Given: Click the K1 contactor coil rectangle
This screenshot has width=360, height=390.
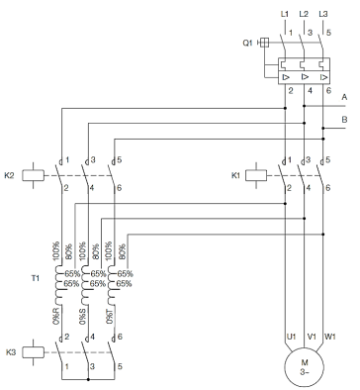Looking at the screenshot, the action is point(256,175).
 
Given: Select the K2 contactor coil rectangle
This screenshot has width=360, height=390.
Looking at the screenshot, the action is point(33,175).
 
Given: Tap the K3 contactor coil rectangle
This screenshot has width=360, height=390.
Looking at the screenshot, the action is point(33,352).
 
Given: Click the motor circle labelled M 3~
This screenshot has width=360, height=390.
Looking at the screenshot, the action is point(304,366).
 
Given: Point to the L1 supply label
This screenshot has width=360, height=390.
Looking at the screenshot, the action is point(284,14).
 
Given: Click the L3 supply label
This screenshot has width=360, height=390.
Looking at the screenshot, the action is point(323,14).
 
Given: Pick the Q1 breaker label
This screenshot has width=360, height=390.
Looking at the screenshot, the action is point(247,43).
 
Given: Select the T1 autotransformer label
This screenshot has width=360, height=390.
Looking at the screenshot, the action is point(36,278).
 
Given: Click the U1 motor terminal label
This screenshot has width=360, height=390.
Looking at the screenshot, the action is point(291,337).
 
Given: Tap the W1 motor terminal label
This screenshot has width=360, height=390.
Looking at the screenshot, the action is point(330,337).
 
